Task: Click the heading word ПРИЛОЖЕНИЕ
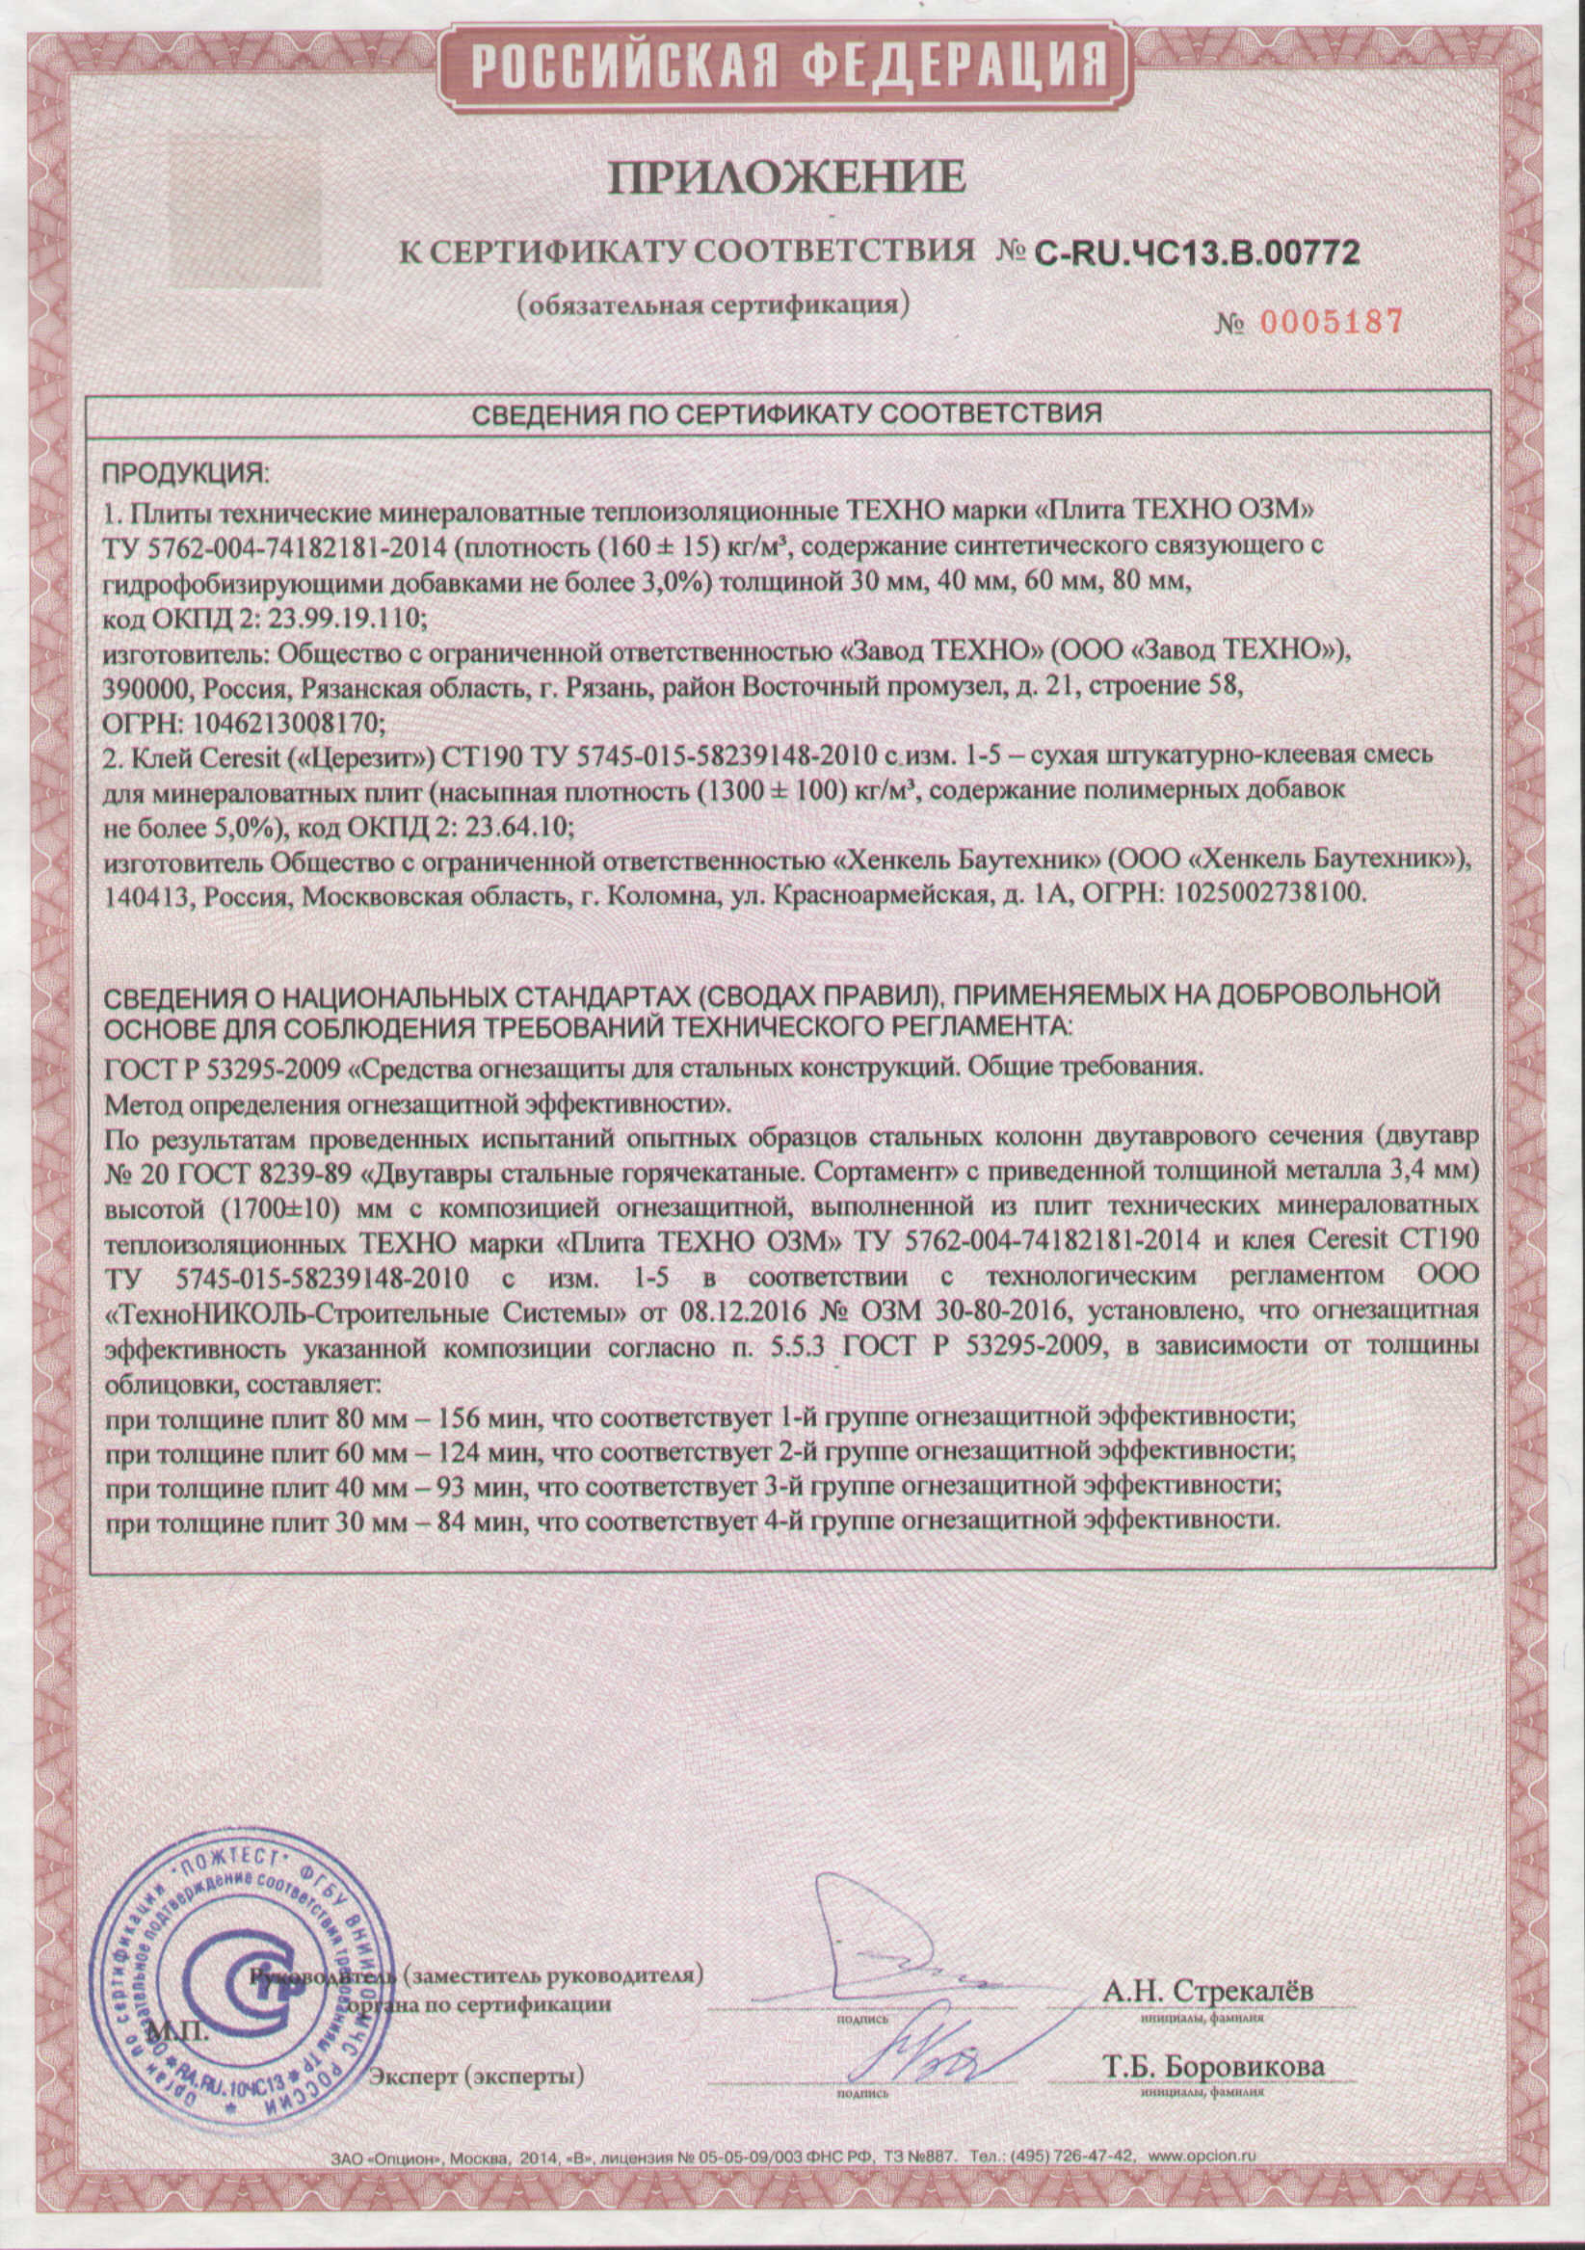(787, 177)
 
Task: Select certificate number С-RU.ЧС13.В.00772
(1197, 253)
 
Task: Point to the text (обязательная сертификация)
(713, 304)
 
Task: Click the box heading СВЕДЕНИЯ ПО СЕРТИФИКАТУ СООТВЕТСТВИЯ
(786, 413)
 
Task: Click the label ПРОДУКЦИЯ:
(184, 474)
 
